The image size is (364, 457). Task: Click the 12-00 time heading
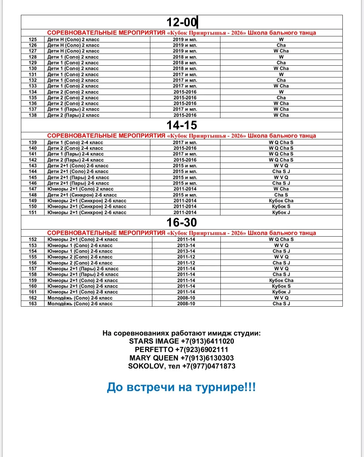(x=182, y=22)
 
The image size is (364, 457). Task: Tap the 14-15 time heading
(x=182, y=125)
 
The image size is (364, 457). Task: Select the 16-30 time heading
(x=182, y=222)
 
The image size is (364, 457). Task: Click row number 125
(x=33, y=39)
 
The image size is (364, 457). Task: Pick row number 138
(x=33, y=115)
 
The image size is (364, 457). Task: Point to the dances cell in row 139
(x=281, y=142)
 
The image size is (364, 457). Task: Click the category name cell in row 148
(x=82, y=195)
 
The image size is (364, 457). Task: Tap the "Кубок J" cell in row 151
(x=281, y=212)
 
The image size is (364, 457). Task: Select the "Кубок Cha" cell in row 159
(x=281, y=280)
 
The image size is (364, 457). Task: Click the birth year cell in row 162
(x=186, y=298)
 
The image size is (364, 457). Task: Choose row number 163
(x=33, y=304)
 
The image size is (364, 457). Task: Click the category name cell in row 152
(x=83, y=239)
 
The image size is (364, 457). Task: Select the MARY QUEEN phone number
(x=207, y=358)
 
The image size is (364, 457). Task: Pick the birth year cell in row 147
(x=185, y=189)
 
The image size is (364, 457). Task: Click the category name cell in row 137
(x=73, y=109)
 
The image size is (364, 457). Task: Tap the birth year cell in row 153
(x=186, y=245)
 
